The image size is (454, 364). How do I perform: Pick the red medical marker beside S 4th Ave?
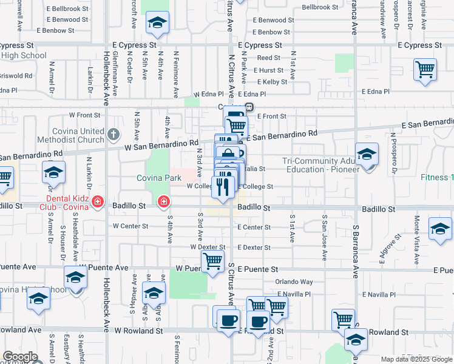point(163,201)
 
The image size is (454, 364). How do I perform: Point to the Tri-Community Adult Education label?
point(320,164)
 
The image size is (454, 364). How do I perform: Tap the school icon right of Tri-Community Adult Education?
point(367,155)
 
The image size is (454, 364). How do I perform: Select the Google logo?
point(20,357)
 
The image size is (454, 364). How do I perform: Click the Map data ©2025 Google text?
point(416,359)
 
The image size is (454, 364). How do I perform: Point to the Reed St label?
point(268,58)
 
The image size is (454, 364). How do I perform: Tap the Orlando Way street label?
point(294,282)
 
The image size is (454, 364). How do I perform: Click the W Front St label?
point(84,114)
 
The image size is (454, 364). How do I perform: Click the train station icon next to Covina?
point(249,107)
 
